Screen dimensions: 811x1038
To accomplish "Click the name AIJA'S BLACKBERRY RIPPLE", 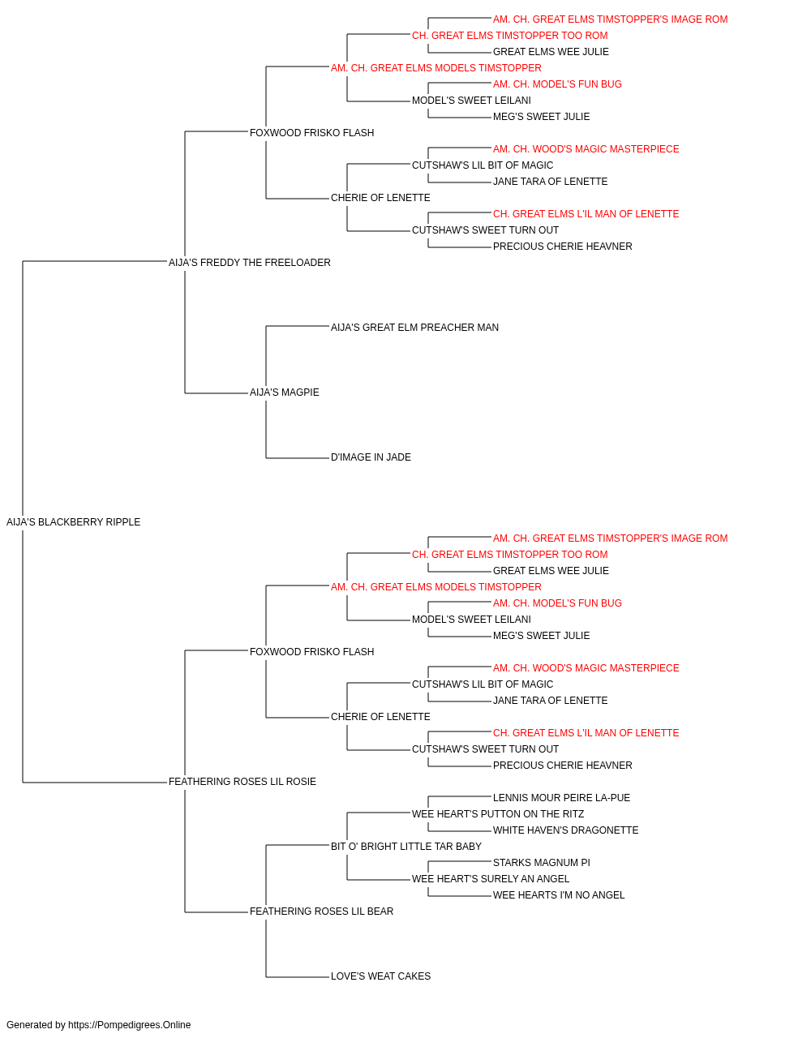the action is [73, 522].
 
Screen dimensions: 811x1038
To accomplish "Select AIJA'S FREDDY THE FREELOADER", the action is [249, 263].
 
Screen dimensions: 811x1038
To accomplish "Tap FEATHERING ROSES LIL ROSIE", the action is [242, 782].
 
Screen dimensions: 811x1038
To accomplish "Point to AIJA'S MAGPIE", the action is [284, 392].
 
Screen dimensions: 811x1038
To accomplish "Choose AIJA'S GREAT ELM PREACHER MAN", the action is [414, 327].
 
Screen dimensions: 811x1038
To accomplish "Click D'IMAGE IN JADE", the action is [371, 457].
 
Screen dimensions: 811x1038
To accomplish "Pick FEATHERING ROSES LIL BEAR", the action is [321, 911].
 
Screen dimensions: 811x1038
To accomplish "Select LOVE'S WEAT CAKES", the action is [380, 976].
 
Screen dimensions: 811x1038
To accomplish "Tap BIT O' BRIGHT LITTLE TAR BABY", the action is [406, 847].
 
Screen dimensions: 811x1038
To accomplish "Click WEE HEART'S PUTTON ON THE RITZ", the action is [498, 814].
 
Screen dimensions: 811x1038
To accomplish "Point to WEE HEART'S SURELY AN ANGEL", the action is [491, 879].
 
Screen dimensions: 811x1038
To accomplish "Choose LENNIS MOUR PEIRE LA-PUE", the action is [561, 798].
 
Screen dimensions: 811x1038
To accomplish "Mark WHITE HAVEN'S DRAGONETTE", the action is [565, 830].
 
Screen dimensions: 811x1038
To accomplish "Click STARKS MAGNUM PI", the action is [541, 863].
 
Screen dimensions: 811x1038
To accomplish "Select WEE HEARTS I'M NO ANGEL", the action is [559, 895].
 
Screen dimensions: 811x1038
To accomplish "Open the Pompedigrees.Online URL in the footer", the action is [129, 1025].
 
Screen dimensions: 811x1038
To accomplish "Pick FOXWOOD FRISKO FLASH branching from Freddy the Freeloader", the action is [312, 133].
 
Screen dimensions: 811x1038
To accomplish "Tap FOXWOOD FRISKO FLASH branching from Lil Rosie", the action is [312, 651].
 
